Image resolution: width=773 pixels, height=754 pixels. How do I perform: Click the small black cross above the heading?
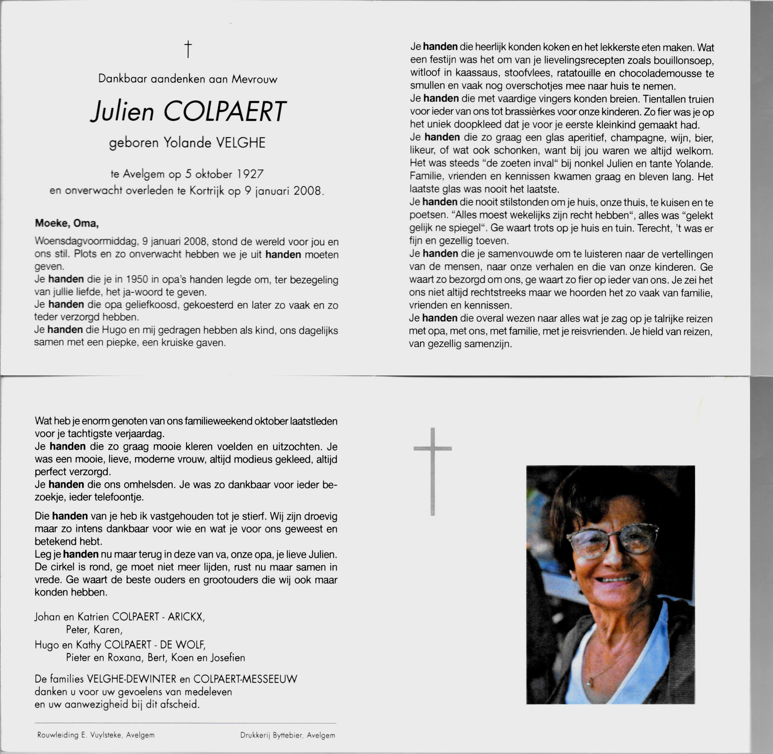point(188,49)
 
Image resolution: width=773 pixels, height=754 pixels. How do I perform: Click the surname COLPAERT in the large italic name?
point(224,112)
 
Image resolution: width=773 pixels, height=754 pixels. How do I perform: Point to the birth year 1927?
point(250,174)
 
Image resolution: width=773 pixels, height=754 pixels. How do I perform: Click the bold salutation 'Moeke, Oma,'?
point(67,223)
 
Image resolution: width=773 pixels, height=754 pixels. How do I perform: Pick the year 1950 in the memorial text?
point(137,279)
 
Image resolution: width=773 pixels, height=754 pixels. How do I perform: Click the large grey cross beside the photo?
point(433,471)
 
